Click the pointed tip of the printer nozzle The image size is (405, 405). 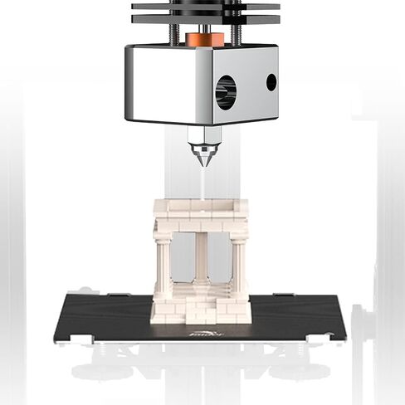[x=202, y=164]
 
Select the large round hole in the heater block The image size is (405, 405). [x=226, y=91]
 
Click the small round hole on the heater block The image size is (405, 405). [x=271, y=82]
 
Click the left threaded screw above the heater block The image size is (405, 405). [x=175, y=33]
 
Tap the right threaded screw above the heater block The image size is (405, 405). [x=237, y=33]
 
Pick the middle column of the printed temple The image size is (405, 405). [x=201, y=259]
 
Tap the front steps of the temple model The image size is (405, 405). [x=201, y=313]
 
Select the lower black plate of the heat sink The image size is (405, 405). [x=205, y=19]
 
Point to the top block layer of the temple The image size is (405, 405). [x=201, y=206]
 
